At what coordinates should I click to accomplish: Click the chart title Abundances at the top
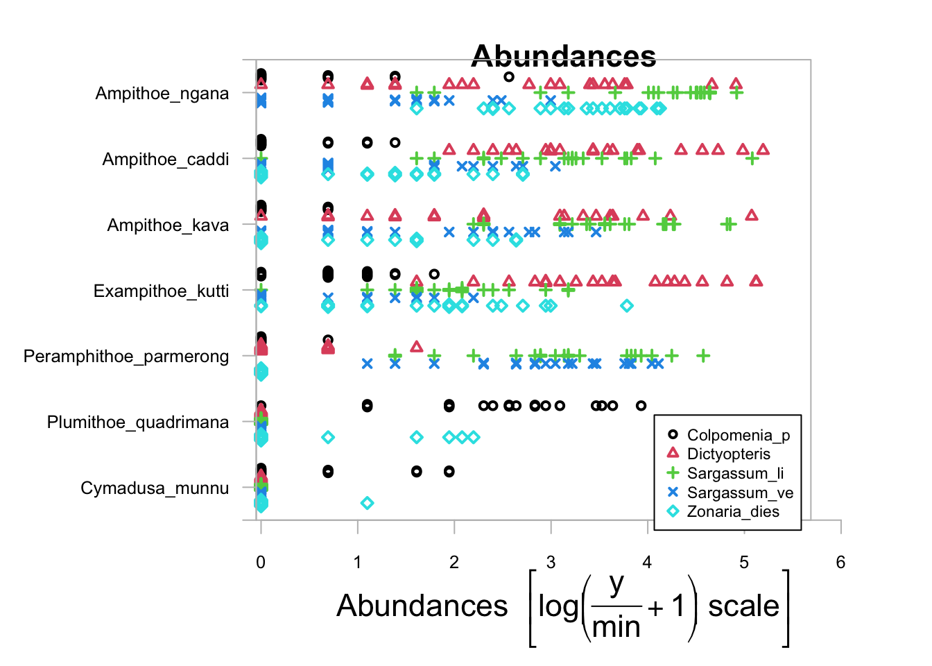pos(563,56)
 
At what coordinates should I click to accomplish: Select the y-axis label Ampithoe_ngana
pos(162,94)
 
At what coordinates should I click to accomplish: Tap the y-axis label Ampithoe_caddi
pos(165,160)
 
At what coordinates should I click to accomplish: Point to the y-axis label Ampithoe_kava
pos(168,225)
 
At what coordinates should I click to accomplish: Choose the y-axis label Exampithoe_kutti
pos(161,291)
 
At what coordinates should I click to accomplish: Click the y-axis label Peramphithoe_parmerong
pos(126,357)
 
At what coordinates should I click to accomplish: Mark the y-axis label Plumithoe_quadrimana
pos(137,422)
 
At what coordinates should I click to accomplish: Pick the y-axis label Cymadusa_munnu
pos(154,488)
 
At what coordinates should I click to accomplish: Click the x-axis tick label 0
pos(261,563)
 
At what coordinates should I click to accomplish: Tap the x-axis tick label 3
pos(551,563)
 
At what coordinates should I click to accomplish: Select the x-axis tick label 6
pos(840,563)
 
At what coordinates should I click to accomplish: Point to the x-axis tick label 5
pos(744,563)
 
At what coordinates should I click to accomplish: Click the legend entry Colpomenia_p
pos(738,435)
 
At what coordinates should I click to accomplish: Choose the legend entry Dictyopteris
pos(728,454)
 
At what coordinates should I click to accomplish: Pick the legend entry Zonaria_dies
pos(732,512)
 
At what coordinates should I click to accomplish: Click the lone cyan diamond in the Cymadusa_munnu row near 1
pos(368,503)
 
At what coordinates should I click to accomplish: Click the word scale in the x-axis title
pos(743,606)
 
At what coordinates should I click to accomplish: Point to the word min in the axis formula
pos(616,627)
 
